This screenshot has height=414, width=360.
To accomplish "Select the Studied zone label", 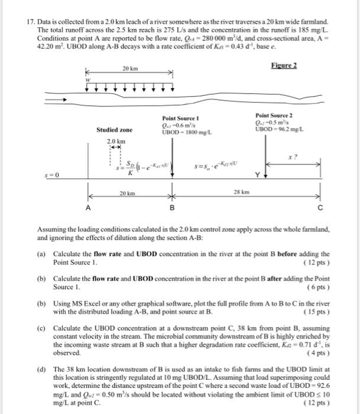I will (114, 129).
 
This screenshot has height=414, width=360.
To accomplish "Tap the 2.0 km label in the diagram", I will (116, 141).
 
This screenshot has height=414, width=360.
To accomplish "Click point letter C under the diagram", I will (320, 208).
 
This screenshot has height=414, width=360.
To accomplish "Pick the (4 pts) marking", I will (319, 353).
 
